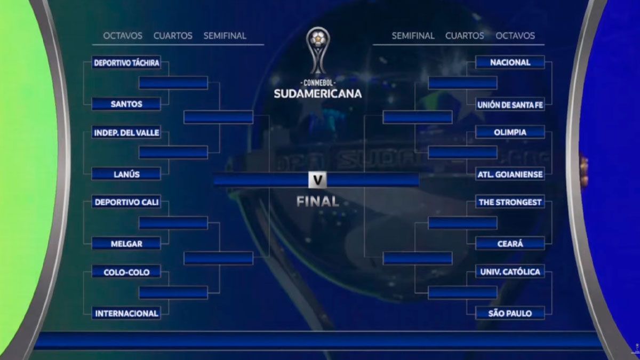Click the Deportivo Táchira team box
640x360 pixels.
[x=126, y=62]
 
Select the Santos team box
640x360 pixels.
[x=126, y=103]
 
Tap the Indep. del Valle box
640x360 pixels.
[x=126, y=132]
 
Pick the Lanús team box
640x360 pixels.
[x=126, y=174]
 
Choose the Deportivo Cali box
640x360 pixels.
[x=126, y=202]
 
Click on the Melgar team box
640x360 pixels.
[x=126, y=243]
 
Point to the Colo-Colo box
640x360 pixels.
[x=126, y=271]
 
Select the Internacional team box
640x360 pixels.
[x=126, y=313]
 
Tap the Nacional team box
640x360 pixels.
[x=510, y=62]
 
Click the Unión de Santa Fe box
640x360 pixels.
[x=510, y=105]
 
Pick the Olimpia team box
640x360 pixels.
[x=510, y=132]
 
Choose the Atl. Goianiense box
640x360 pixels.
[x=510, y=174]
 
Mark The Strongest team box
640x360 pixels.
[x=510, y=202]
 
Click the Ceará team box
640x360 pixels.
[x=510, y=243]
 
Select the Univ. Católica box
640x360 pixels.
[x=510, y=271]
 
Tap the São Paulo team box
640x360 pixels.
[x=510, y=313]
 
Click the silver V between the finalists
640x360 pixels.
[x=317, y=180]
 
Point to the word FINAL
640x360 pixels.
[x=318, y=202]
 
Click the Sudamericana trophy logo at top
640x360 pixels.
[x=318, y=51]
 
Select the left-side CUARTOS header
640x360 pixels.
[x=173, y=36]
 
